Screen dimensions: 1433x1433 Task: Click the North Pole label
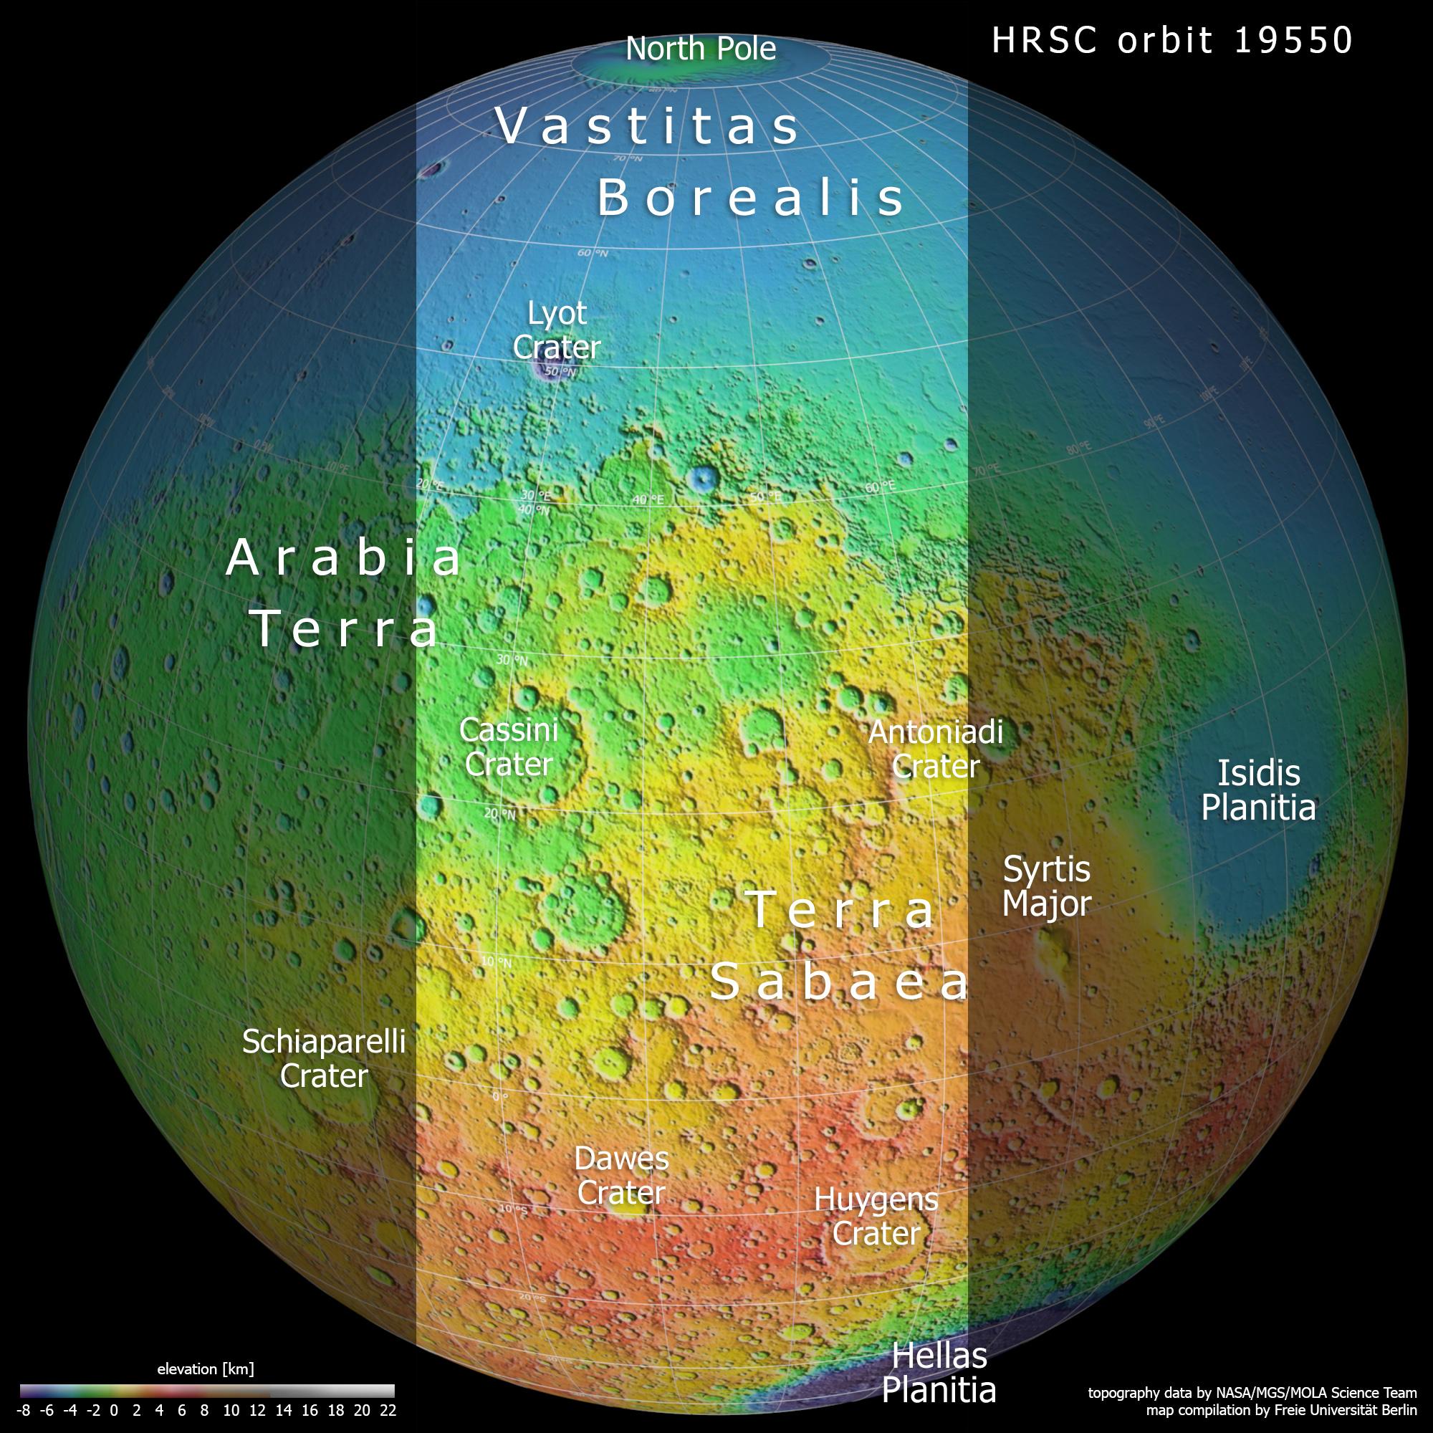point(700,49)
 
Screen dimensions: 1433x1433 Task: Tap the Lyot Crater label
point(556,330)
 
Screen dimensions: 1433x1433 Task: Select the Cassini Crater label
point(509,747)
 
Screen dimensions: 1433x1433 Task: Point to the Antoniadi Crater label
point(935,749)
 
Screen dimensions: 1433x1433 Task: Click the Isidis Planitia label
point(1259,790)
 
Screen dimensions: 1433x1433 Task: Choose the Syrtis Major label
point(1047,886)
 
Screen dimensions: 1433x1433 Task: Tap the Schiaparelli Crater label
point(324,1058)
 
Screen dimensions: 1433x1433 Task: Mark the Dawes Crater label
point(621,1176)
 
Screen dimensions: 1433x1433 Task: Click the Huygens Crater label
point(876,1217)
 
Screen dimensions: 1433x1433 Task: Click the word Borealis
point(751,198)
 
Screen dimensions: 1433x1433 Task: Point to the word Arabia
point(344,557)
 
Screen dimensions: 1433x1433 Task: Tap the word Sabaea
point(840,983)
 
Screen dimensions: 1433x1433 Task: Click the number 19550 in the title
point(1293,40)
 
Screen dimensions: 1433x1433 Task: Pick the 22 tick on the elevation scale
point(387,1411)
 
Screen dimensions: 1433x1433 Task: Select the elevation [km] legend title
point(206,1369)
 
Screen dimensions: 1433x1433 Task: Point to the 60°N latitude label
point(593,254)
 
